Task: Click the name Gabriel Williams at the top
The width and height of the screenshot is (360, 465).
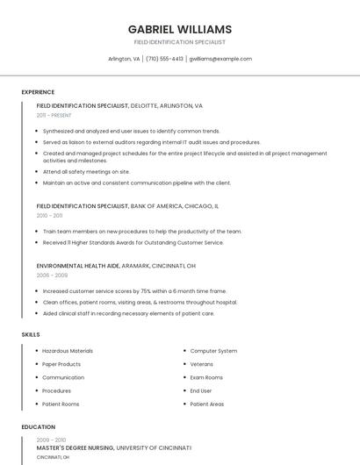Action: [x=180, y=29]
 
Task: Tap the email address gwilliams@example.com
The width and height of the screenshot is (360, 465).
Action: [x=220, y=59]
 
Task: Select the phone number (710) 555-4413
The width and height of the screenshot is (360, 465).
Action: [x=164, y=59]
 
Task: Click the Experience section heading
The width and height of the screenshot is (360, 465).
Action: [x=38, y=92]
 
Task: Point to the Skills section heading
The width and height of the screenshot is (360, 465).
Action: [x=31, y=334]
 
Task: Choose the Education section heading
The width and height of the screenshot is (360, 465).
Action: [x=38, y=427]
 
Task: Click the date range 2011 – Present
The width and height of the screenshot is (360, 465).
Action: [x=54, y=116]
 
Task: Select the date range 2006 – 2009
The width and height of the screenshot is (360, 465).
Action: [x=52, y=275]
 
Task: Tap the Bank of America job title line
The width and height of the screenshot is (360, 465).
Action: [x=127, y=206]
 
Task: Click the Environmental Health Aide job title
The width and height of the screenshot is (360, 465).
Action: [x=116, y=265]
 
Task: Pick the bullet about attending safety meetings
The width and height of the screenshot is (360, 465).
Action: [x=86, y=172]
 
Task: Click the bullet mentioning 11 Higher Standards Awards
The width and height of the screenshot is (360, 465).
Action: [x=133, y=242]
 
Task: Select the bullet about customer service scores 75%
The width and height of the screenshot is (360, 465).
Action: [x=134, y=290]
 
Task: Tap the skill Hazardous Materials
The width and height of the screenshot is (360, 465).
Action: [x=68, y=351]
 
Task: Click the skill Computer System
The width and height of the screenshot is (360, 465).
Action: [x=213, y=351]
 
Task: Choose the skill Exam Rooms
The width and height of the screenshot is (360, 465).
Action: [x=206, y=377]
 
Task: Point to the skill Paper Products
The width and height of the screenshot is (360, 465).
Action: [x=61, y=364]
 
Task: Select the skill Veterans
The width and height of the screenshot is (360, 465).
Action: [x=201, y=364]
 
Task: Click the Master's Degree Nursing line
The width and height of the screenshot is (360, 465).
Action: [x=114, y=447]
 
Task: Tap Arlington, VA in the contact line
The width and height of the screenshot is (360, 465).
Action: [x=124, y=59]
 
